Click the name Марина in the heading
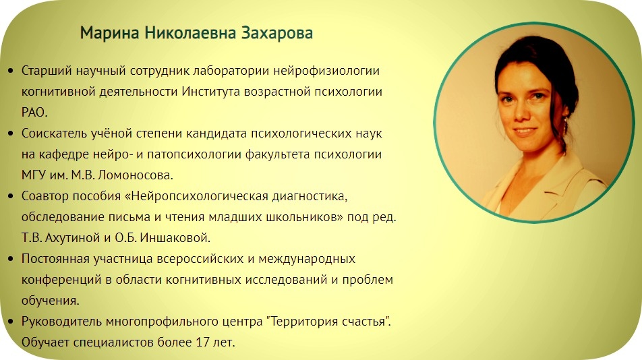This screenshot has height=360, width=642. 110,33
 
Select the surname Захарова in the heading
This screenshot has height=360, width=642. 276,33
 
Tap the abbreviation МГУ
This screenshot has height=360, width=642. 34,175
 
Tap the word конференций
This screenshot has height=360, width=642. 59,280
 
